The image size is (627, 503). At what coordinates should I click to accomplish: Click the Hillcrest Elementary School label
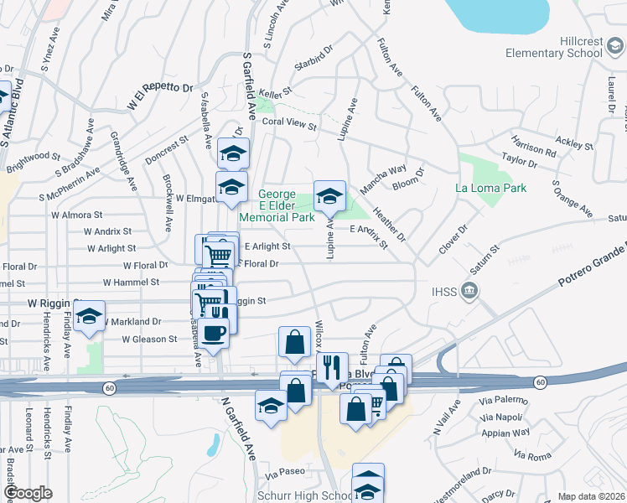(x=554, y=46)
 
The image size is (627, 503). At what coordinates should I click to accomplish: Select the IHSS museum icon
(x=469, y=292)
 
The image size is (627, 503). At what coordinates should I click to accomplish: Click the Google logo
(x=28, y=493)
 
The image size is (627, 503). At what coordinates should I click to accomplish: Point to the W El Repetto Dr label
(x=160, y=96)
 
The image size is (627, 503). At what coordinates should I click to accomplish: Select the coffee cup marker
(x=214, y=332)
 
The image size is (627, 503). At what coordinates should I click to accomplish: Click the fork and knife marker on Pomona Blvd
(x=333, y=367)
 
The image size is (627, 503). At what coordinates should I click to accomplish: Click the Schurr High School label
(x=313, y=495)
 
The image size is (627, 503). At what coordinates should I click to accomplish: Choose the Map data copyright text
(x=592, y=496)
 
